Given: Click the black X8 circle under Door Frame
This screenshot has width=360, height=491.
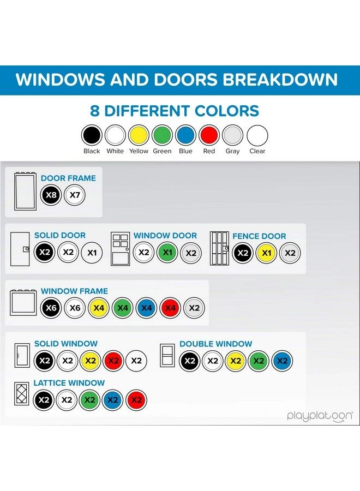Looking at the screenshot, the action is [x=51, y=195].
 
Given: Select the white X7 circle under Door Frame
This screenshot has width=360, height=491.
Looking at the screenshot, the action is [x=75, y=195].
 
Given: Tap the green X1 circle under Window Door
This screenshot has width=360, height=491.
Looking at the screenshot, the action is [x=167, y=253].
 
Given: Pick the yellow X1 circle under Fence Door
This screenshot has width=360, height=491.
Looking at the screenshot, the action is [x=266, y=253].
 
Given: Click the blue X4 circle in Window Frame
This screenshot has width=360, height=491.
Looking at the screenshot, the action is [x=147, y=308].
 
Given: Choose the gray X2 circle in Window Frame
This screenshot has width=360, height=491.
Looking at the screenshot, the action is [x=194, y=308].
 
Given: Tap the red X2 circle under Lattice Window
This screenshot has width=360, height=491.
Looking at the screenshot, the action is [x=136, y=400].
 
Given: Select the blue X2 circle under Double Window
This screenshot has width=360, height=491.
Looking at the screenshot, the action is [x=282, y=361].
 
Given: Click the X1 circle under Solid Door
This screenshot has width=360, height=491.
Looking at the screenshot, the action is [x=92, y=253].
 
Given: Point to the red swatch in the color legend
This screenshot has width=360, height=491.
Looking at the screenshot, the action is [x=209, y=135].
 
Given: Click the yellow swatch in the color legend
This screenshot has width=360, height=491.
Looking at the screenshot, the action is [x=139, y=135].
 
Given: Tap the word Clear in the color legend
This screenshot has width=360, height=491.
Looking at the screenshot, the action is [x=257, y=151].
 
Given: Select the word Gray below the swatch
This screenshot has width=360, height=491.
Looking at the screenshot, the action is [x=232, y=151].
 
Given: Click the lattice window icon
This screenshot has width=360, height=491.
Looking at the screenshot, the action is [x=22, y=393].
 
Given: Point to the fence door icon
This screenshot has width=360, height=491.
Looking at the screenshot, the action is [x=219, y=248].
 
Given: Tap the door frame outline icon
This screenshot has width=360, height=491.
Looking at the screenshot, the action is [x=25, y=191].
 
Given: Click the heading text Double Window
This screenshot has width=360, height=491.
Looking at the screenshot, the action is [x=215, y=344].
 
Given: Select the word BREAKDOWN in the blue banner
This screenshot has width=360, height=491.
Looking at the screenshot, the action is [x=280, y=80].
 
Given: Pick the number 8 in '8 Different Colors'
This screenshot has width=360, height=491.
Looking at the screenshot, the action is [x=94, y=111].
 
